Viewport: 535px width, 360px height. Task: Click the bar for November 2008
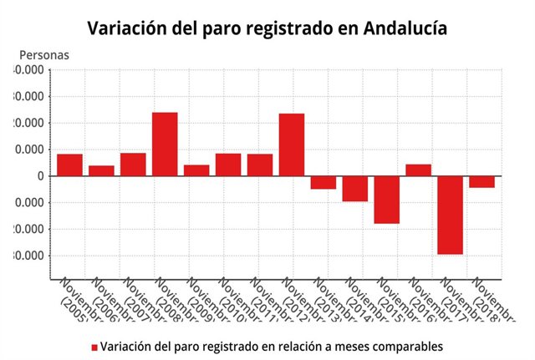(x=165, y=144)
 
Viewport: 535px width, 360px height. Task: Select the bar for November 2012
(x=291, y=145)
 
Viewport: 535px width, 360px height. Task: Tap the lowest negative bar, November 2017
(x=450, y=215)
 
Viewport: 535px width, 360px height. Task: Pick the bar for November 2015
(x=386, y=200)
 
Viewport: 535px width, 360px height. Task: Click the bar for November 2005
(x=69, y=165)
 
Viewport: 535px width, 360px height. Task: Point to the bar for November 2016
(x=418, y=170)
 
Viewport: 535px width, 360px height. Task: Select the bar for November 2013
(x=323, y=182)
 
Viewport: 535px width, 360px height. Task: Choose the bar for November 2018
(x=481, y=181)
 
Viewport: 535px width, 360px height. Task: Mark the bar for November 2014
(x=354, y=189)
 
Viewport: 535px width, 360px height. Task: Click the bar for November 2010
(x=228, y=165)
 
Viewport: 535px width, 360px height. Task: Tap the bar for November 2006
(x=101, y=170)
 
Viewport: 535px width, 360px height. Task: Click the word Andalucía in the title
(x=405, y=28)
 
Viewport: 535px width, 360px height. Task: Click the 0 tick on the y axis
(x=40, y=176)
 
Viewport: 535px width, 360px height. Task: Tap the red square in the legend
(x=94, y=347)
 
